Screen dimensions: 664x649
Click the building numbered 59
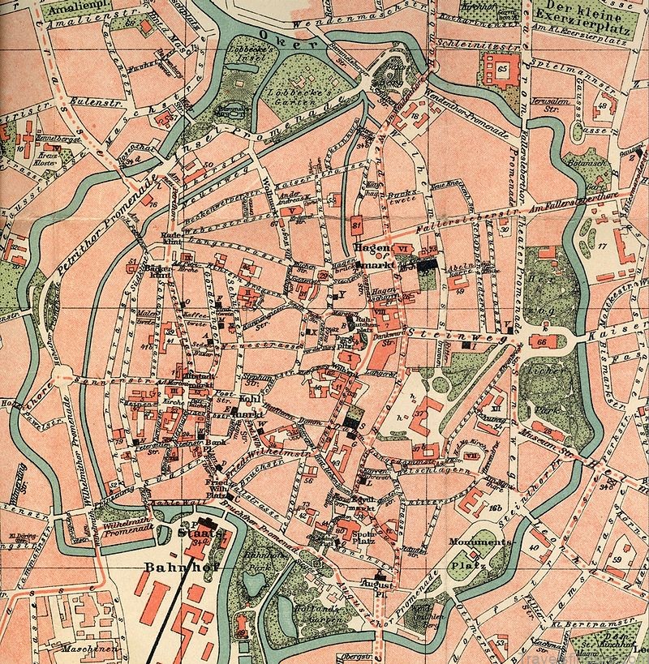(x=617, y=559)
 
